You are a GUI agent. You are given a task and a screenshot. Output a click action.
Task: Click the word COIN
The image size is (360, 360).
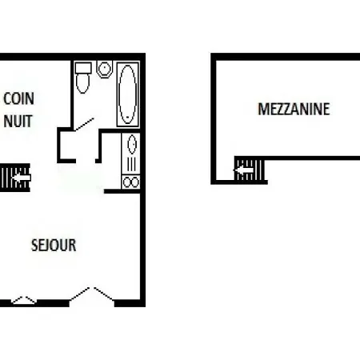click(x=18, y=98)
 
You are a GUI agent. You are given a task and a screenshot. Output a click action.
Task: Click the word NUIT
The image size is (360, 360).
click(x=18, y=121)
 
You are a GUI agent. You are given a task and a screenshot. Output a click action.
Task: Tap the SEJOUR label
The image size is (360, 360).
click(x=54, y=245)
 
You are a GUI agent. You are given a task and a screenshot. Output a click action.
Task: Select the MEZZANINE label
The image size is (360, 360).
click(x=294, y=109)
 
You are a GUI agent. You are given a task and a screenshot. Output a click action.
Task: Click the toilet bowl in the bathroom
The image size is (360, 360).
click(x=82, y=83)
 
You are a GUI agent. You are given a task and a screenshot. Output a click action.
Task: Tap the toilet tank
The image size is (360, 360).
click(x=83, y=68)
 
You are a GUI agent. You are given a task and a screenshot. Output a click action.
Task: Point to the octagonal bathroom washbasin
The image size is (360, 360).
click(x=104, y=69)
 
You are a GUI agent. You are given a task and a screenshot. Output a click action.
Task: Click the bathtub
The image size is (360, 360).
click(x=128, y=94)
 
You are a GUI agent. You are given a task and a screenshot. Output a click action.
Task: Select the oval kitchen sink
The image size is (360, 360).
click(x=132, y=144)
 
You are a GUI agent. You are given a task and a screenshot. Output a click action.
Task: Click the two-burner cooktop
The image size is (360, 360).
click(x=130, y=182)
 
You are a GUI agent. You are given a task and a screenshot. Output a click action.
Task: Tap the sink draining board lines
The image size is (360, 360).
click(x=131, y=164)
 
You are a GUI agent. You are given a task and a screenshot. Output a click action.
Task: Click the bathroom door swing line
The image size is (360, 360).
click(x=84, y=124)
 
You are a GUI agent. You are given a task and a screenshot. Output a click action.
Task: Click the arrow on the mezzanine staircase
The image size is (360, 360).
click(x=243, y=170)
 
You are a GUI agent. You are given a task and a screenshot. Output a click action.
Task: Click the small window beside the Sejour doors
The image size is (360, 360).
click(x=24, y=300)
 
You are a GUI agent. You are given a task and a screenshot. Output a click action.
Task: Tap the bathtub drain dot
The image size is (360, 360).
click(x=128, y=117)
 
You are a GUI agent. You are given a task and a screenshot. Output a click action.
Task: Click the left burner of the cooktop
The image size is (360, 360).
click(x=126, y=182)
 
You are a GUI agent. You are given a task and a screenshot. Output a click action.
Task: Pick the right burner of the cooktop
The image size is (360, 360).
click(x=135, y=182)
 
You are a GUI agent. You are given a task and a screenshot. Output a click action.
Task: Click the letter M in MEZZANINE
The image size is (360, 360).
click(x=262, y=109)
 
